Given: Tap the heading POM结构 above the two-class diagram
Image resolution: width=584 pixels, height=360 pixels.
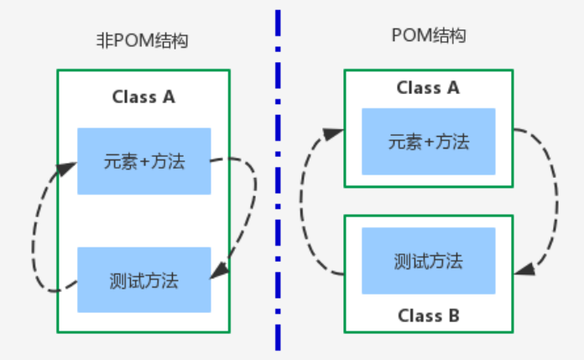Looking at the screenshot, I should [429, 36].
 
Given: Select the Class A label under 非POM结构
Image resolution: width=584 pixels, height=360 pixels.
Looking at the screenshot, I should [143, 97].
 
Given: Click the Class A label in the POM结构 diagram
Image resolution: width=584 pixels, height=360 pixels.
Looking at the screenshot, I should [428, 88].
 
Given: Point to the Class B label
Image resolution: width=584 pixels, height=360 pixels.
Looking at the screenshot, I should [428, 316].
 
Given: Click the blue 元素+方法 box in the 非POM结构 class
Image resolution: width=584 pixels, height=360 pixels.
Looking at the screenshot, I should [143, 161].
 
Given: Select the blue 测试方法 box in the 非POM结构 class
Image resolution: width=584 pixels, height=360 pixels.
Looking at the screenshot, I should [143, 279].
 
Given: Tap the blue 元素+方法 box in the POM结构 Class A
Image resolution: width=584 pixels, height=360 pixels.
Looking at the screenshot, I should [428, 141].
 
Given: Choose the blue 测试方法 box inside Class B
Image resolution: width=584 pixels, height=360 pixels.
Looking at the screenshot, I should [428, 261].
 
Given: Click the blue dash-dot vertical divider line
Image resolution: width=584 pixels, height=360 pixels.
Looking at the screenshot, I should [276, 180].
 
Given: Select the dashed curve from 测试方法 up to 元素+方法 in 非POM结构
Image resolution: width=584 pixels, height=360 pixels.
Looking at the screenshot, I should [37, 235].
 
